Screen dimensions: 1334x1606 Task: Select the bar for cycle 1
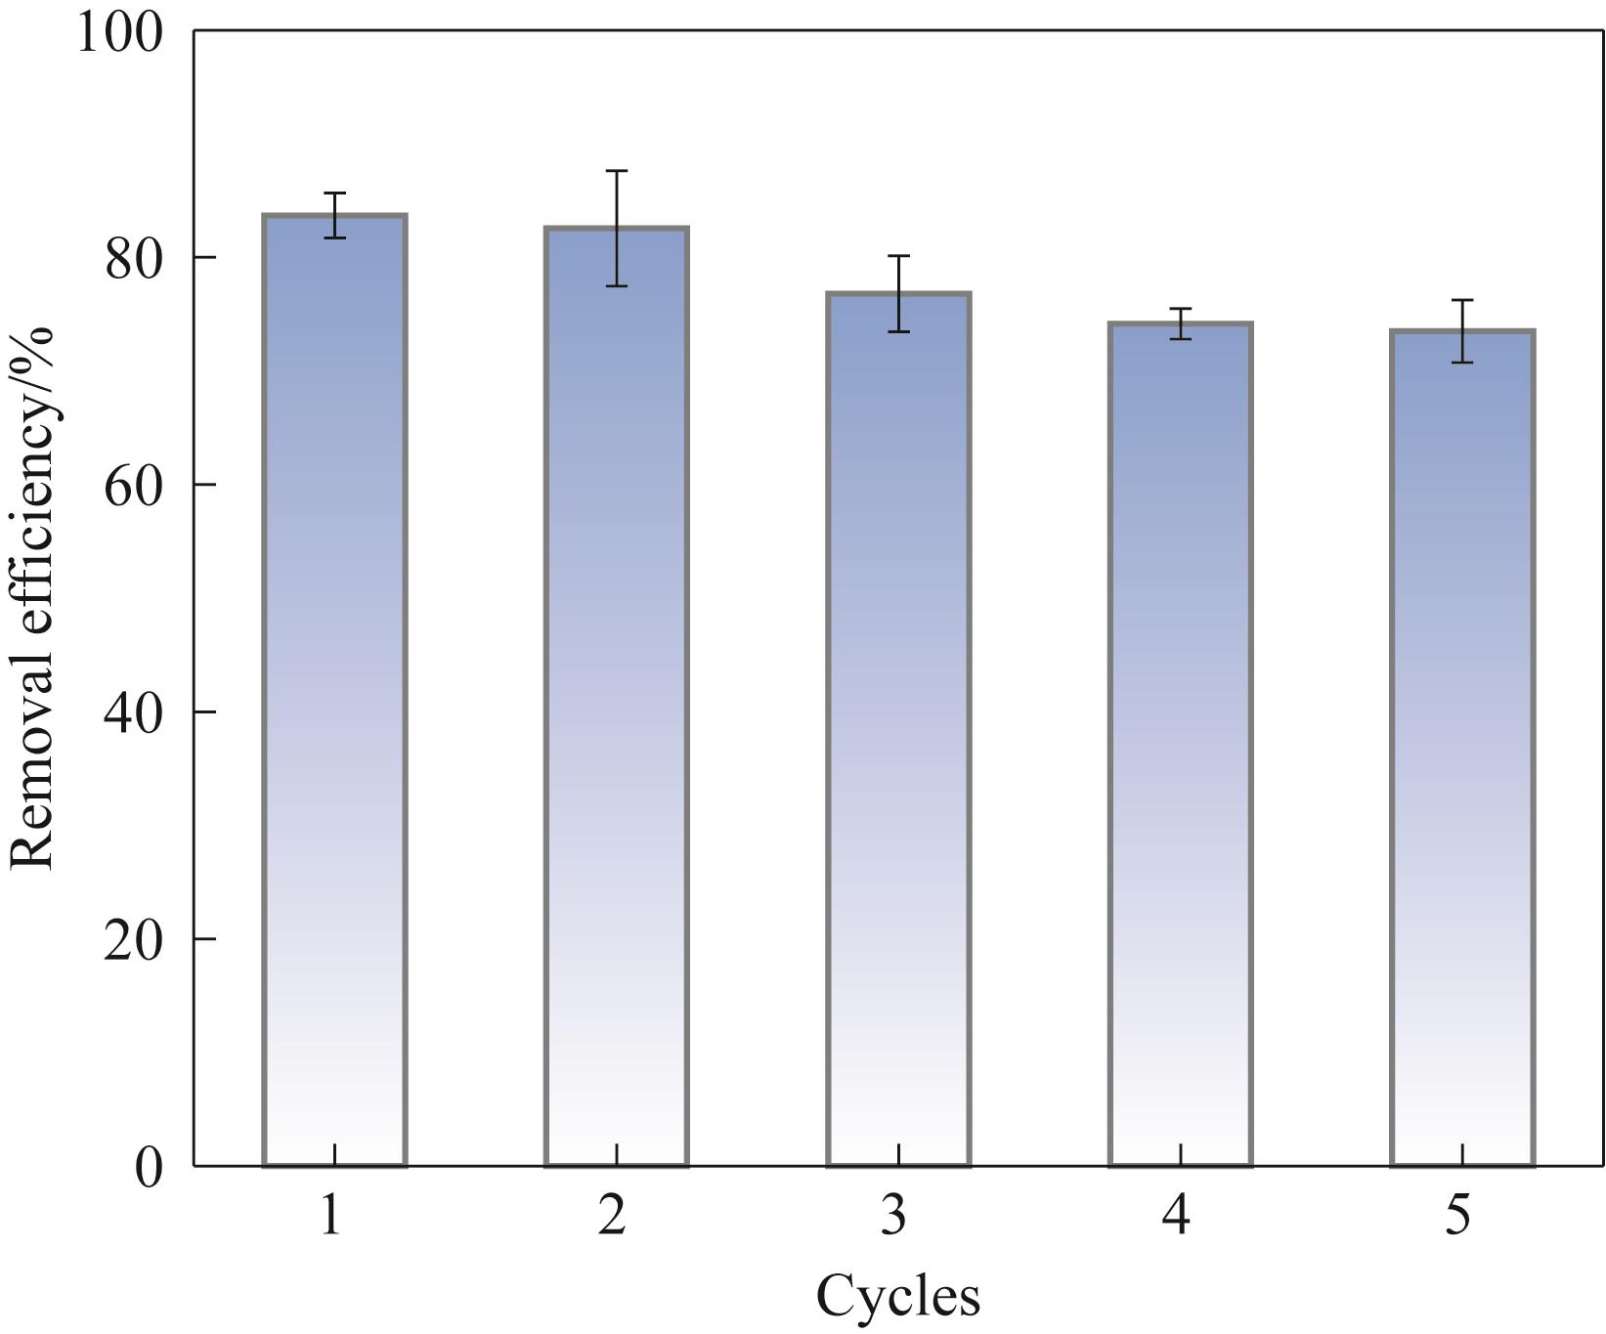pos(334,690)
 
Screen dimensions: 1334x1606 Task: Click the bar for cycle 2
pos(617,696)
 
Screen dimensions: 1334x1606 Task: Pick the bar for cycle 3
pos(898,729)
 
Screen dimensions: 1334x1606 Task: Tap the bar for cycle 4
pos(1181,744)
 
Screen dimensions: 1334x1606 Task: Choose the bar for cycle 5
pos(1462,748)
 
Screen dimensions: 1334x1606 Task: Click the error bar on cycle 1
pos(334,215)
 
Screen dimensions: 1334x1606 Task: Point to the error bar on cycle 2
pos(617,228)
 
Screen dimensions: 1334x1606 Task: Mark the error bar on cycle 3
pos(898,293)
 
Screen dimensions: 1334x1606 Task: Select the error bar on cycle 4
pos(1181,323)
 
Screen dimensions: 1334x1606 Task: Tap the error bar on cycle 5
pos(1462,331)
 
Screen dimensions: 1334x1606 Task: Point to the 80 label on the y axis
pos(133,259)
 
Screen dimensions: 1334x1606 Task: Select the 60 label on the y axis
pos(133,486)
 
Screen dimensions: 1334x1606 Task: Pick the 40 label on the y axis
pos(133,712)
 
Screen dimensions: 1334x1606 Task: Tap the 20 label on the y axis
pos(133,939)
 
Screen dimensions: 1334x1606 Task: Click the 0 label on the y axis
pos(149,1167)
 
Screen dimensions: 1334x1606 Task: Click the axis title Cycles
pos(897,1297)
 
